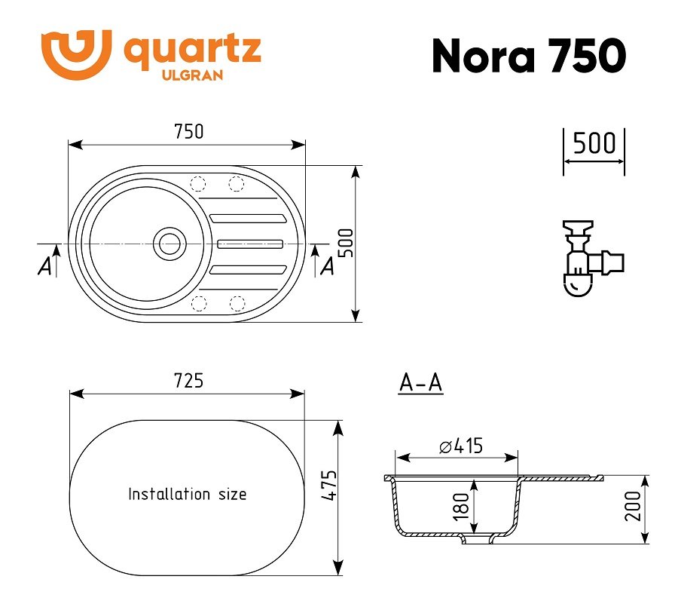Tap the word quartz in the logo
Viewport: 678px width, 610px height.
[x=192, y=52]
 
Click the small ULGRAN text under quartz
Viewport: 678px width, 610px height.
[x=192, y=75]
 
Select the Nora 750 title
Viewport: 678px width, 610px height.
[x=529, y=55]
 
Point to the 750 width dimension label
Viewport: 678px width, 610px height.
[x=188, y=131]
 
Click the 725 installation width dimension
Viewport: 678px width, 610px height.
[x=188, y=381]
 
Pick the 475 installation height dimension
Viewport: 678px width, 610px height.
[x=329, y=486]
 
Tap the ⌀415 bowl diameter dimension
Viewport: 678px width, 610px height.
[x=461, y=446]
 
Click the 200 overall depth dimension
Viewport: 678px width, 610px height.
[x=633, y=507]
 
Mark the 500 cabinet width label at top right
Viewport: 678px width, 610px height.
[x=594, y=143]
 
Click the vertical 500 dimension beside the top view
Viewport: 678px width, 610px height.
[x=346, y=243]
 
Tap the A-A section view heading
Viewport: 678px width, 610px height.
[x=420, y=383]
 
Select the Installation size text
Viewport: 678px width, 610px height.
[x=188, y=494]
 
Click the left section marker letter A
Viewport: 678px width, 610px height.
[x=44, y=266]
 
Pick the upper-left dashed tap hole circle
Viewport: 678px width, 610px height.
[x=198, y=183]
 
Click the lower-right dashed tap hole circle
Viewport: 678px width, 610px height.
[x=237, y=303]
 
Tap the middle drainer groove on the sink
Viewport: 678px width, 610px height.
[x=250, y=244]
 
